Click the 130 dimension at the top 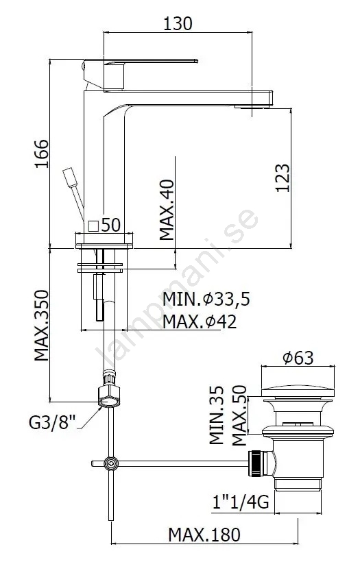click(x=178, y=23)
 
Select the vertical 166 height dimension click(x=42, y=154)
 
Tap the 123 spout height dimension click(x=283, y=178)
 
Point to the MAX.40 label click(x=167, y=210)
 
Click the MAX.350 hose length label click(x=42, y=326)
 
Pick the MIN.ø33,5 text click(x=206, y=299)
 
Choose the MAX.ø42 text click(x=200, y=321)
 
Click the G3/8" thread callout click(x=52, y=423)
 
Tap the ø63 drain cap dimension click(x=298, y=357)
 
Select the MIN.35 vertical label click(x=217, y=415)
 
